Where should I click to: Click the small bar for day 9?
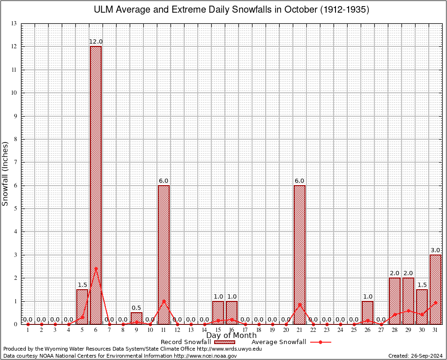click(136, 318)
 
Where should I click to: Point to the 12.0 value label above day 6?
click(96, 42)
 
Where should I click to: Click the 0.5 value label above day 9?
click(136, 307)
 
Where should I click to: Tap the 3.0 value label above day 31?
click(435, 250)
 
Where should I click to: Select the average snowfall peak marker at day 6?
click(96, 269)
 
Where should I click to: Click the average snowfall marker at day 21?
click(299, 305)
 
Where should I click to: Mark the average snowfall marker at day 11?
click(164, 301)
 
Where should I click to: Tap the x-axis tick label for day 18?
click(259, 330)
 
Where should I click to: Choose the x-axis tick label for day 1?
click(28, 330)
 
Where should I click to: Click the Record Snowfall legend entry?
click(185, 342)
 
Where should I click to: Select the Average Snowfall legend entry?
click(278, 342)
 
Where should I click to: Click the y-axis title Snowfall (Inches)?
click(6, 173)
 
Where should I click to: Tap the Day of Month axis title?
click(231, 335)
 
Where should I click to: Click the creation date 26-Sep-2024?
click(415, 356)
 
